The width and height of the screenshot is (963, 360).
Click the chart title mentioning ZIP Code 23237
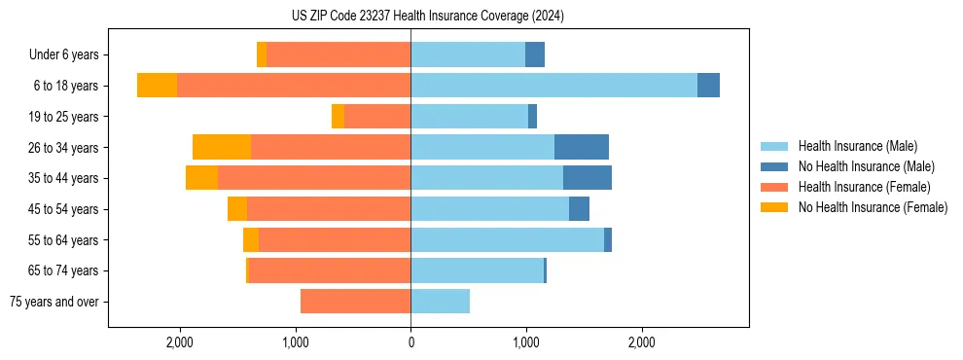point(427,16)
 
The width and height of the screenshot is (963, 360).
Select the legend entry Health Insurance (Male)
point(857,146)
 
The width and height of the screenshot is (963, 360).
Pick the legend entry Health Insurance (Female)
point(864,187)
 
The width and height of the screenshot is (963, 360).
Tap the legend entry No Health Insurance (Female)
point(873,207)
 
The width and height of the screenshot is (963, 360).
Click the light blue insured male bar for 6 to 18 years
point(553,86)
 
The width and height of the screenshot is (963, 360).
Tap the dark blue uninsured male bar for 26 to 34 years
point(582,147)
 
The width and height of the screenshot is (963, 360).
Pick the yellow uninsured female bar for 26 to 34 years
point(222,147)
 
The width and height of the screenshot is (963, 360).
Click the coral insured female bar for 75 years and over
point(355,302)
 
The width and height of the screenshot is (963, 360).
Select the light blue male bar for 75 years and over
point(440,302)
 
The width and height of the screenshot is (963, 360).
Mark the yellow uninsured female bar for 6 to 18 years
point(157,86)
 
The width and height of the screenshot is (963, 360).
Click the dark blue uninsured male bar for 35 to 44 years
point(588,178)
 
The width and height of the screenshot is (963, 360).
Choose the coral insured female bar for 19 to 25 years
point(377,117)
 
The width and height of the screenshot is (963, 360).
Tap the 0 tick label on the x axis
point(410,342)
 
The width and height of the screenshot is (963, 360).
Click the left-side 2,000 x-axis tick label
point(180,342)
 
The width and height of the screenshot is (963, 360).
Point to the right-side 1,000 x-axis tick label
point(526,342)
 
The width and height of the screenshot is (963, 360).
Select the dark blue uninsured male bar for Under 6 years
point(535,55)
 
